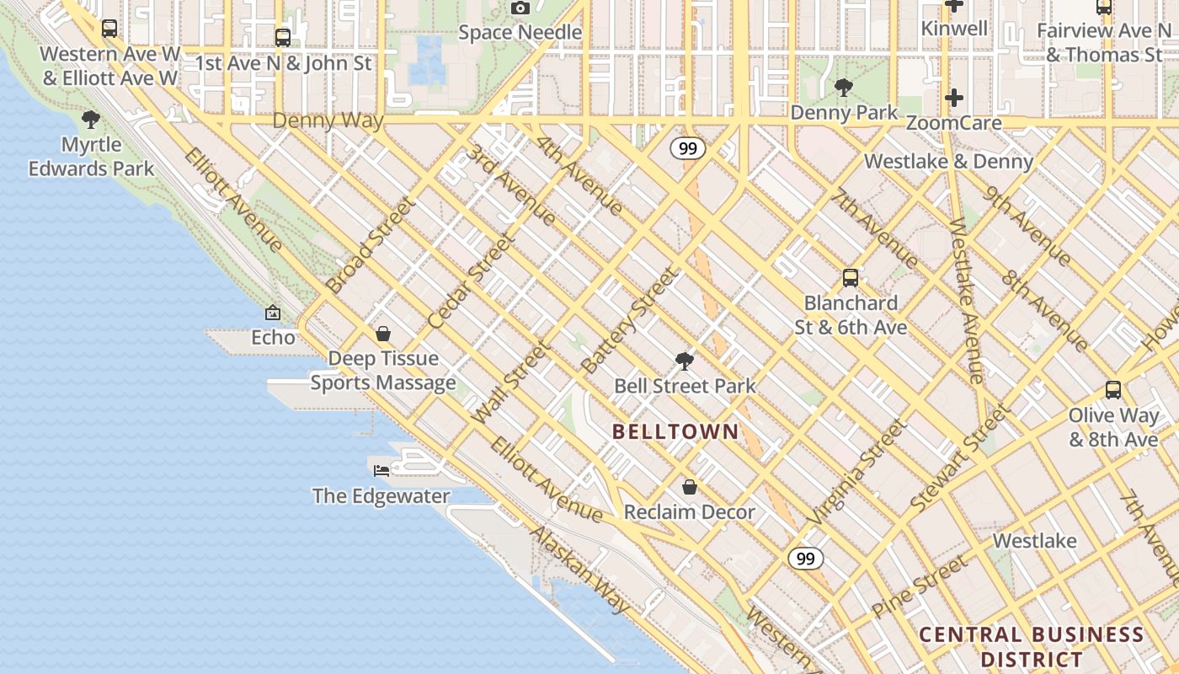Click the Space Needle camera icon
pos(520,8)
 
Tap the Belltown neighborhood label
pos(675,432)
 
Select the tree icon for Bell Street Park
pos(685,361)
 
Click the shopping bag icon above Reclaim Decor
pos(689,487)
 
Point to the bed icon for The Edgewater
pos(381,470)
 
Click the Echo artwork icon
pos(273,313)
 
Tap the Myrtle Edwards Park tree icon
pos(91,120)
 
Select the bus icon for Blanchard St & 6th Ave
pos(851,277)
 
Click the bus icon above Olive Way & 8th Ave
pos(1113,390)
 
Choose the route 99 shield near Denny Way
pos(688,149)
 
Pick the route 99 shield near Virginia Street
pos(806,559)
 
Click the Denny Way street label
pos(328,120)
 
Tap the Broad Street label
pos(371,245)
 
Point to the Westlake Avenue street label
pos(967,301)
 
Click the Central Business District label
pos(1032,646)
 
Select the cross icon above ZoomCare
pos(953,98)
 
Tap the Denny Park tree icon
pos(843,87)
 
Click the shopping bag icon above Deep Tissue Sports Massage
pos(383,334)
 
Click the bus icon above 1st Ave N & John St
pos(283,37)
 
